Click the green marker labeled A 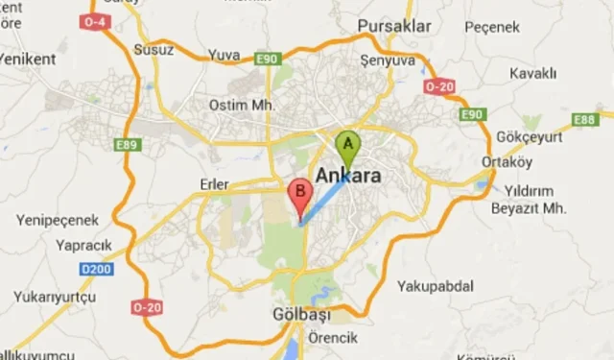click(347, 147)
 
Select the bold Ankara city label click(347, 177)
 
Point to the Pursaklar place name click(393, 26)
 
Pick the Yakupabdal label click(437, 285)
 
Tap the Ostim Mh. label click(243, 105)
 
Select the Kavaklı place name click(533, 73)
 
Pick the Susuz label click(153, 49)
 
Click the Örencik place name click(332, 338)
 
